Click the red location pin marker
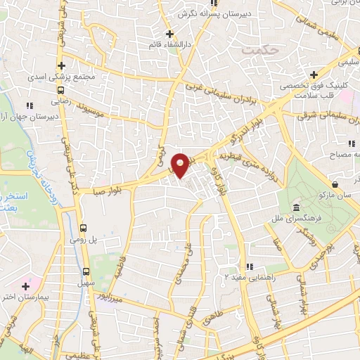pyautogui.click(x=181, y=165)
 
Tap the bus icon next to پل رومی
pyautogui.click(x=84, y=228)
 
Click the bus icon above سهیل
pyautogui.click(x=86, y=271)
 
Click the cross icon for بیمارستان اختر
pyautogui.click(x=26, y=286)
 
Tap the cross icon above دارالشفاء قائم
pyautogui.click(x=169, y=33)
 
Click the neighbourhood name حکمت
pyautogui.click(x=255, y=50)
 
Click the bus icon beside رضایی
pyautogui.click(x=62, y=90)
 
